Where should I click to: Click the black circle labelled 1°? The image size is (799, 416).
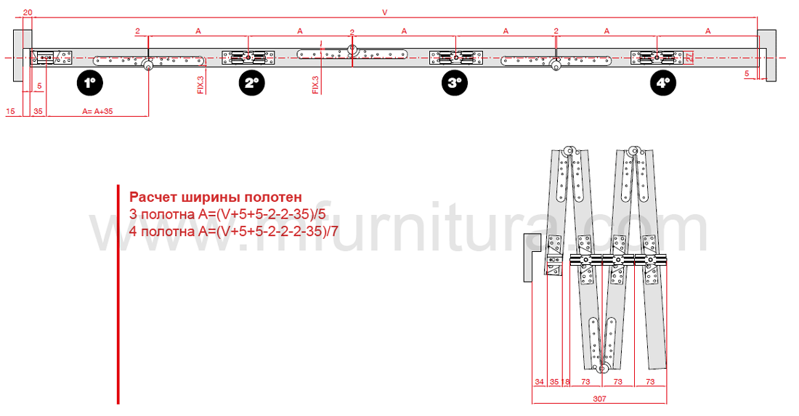click(90, 83)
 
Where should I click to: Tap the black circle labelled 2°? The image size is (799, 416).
click(252, 83)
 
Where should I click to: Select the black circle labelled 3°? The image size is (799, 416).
click(455, 83)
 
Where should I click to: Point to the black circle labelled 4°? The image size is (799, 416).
click(663, 83)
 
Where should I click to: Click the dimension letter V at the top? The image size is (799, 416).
click(385, 13)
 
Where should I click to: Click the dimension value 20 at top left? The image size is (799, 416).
click(28, 12)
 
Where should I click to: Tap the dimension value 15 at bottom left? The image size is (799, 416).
click(11, 111)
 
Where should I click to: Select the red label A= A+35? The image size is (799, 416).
click(98, 111)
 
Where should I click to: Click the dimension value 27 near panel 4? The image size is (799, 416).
click(689, 57)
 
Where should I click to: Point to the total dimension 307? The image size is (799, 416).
click(599, 399)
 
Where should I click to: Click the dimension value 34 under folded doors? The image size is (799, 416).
click(539, 381)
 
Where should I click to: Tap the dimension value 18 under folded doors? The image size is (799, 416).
click(565, 381)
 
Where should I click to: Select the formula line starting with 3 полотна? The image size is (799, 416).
click(227, 214)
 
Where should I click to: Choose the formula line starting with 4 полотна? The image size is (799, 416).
click(233, 232)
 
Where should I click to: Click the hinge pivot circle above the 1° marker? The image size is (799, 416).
click(148, 65)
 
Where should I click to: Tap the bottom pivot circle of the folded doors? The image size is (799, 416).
click(602, 369)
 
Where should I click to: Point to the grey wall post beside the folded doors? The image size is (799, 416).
click(531, 257)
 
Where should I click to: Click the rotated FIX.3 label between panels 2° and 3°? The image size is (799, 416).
click(316, 85)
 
